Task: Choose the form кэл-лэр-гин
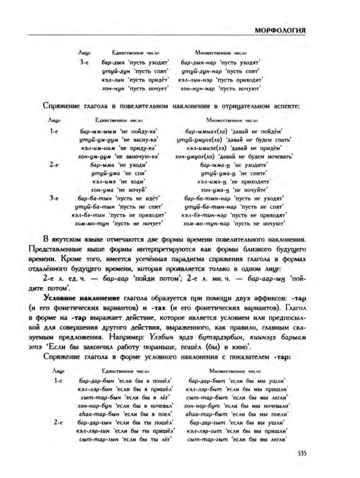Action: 93,431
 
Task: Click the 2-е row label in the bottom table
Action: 58,422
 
